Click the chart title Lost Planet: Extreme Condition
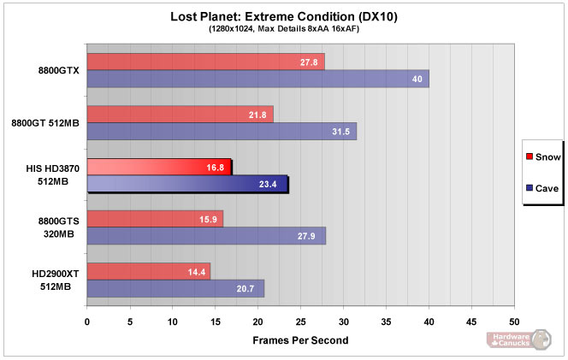tap(284, 15)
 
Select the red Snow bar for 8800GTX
tap(205, 62)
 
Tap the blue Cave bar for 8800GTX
tap(257, 79)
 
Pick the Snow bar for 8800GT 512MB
tap(180, 114)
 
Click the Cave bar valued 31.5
tap(221, 131)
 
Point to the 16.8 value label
tap(215, 168)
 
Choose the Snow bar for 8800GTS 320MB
tap(154, 219)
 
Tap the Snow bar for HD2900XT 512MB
tap(148, 271)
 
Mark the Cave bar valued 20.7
tap(175, 288)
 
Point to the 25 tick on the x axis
tap(300, 322)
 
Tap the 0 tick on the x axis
tap(86, 322)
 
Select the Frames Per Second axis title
tap(299, 339)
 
